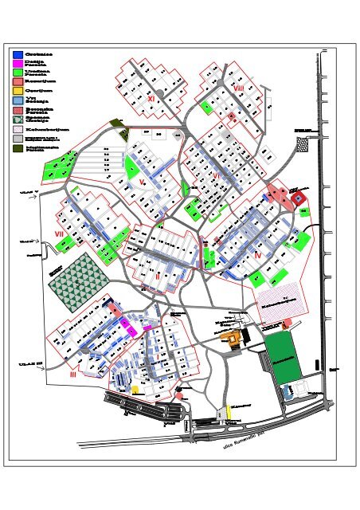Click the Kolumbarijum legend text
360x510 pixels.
point(41,127)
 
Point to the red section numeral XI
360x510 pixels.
point(151,98)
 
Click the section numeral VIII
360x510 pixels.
point(239,88)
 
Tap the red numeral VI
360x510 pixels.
point(215,175)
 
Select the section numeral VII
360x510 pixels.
point(59,233)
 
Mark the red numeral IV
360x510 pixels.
point(258,254)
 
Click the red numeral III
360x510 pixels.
point(72,373)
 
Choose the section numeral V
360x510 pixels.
point(141,182)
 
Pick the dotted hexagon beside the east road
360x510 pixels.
point(303,143)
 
